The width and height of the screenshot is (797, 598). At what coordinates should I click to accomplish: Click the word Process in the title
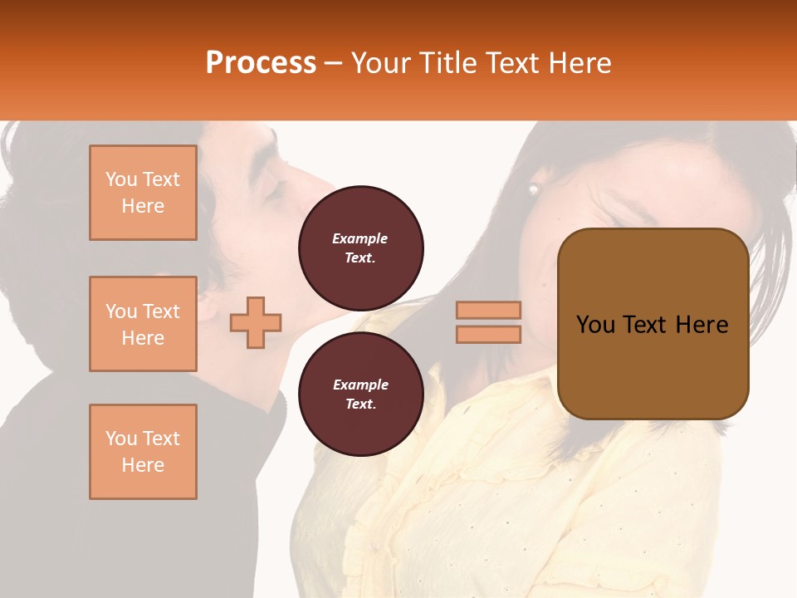pos(261,63)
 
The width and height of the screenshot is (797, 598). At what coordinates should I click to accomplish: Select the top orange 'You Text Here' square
pos(143,193)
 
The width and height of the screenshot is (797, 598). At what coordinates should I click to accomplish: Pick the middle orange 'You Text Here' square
pos(143,324)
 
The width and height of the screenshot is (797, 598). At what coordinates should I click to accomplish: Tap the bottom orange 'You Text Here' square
pos(143,452)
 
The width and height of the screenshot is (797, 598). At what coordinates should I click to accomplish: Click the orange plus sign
pos(256,322)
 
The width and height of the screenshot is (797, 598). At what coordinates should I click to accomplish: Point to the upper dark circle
pos(361,248)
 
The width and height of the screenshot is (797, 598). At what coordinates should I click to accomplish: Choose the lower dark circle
pos(361,395)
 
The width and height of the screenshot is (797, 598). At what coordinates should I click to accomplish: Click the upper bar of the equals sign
pos(488,310)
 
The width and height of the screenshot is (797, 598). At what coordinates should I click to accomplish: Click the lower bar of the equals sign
pos(488,335)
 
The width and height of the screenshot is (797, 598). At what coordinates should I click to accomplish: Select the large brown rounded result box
pos(653,324)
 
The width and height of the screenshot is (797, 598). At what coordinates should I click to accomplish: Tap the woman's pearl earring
pos(533,189)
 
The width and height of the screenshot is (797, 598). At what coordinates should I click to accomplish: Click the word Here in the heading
pos(581,63)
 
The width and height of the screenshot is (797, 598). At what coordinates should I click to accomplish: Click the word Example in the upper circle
pos(360,238)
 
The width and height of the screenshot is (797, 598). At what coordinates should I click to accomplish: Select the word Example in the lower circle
pos(360,385)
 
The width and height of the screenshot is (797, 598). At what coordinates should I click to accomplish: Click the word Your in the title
pos(379,63)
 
